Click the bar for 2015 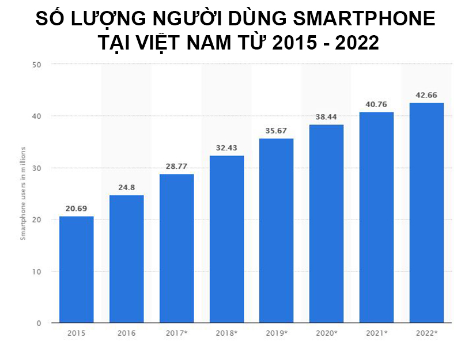(76, 270)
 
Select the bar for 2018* (226, 239)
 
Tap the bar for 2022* (426, 213)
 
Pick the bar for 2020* (326, 223)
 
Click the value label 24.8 (126, 187)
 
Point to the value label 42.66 (426, 94)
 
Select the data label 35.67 (276, 130)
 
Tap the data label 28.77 (176, 166)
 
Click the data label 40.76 (376, 104)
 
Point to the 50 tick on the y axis (36, 65)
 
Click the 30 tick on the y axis (36, 168)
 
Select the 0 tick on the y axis (39, 323)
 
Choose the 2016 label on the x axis (126, 333)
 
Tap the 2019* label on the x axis (277, 333)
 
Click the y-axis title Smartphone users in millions (24, 194)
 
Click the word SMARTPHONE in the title (364, 19)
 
